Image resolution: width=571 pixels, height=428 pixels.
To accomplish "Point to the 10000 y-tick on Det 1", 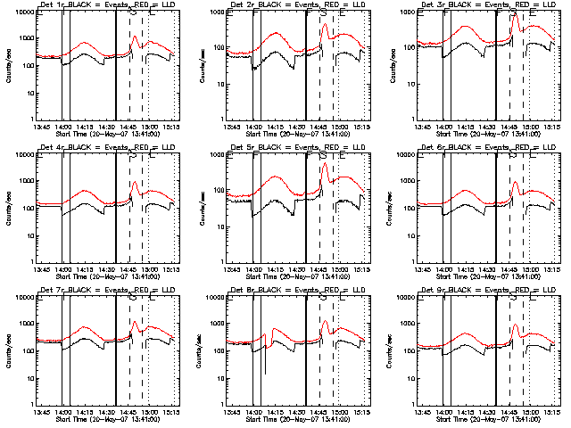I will [x=20, y=13].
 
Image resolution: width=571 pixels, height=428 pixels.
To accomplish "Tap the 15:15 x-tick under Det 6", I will [x=553, y=269].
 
